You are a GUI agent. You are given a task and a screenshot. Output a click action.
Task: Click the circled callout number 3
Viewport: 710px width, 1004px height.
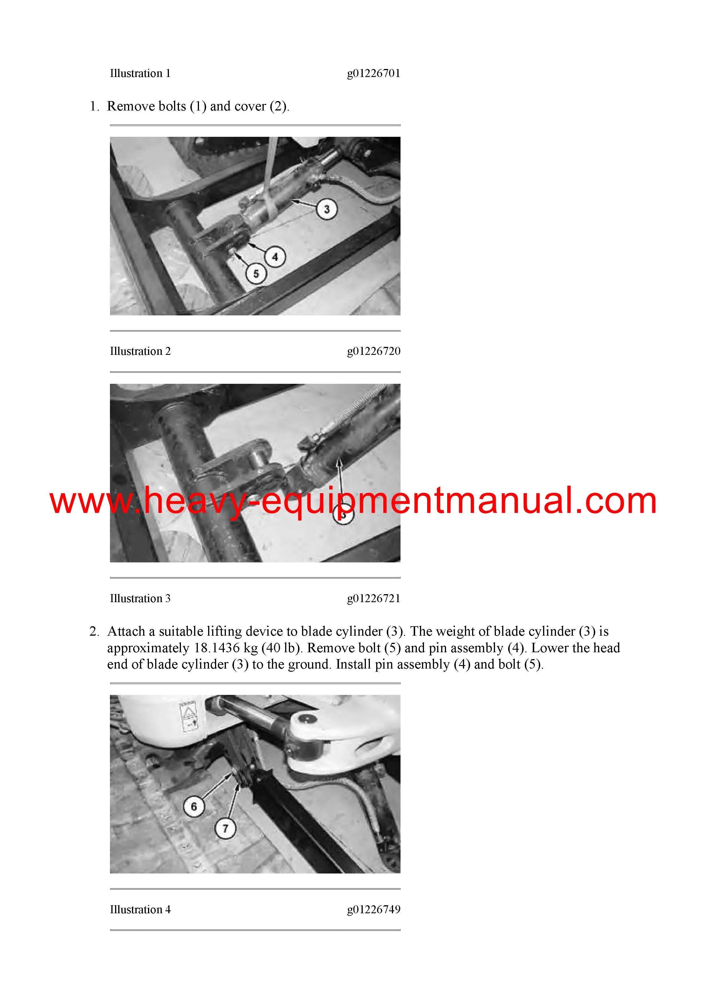coord(327,209)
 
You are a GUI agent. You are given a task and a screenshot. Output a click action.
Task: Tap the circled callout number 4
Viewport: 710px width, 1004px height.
coord(275,257)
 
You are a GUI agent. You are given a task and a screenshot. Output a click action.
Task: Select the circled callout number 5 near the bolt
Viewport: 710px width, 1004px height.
coord(256,274)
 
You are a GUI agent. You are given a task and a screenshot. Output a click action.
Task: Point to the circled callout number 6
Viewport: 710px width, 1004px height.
coord(194,806)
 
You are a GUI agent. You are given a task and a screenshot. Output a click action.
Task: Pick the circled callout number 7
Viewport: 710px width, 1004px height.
coord(225,828)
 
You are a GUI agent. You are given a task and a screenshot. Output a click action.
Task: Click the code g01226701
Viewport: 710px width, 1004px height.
coord(374,74)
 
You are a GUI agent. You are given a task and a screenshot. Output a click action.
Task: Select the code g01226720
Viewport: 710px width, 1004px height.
coord(374,351)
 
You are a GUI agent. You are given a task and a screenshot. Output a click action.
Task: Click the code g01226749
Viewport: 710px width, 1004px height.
coord(374,910)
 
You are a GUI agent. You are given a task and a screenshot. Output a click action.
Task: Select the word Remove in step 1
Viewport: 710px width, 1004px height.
coord(125,106)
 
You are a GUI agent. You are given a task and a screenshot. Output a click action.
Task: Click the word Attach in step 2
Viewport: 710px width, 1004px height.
coord(126,631)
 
